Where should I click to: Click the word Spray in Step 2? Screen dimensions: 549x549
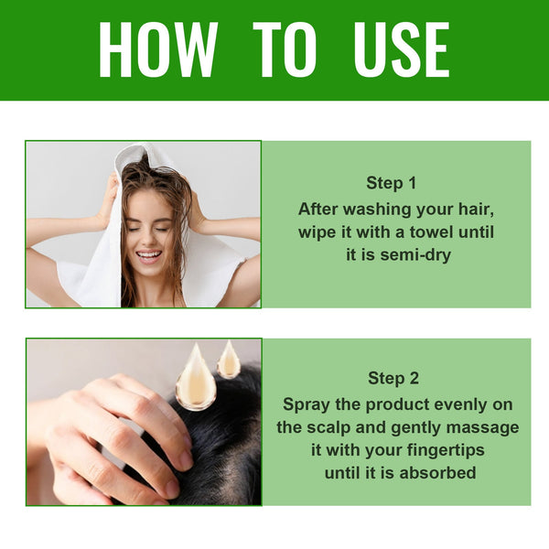(306, 404)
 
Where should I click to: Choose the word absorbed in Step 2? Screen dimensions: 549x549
(434, 474)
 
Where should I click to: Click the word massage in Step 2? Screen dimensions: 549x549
(486, 427)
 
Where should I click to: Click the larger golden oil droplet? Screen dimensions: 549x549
(196, 379)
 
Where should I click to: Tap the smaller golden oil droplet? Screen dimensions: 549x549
(228, 361)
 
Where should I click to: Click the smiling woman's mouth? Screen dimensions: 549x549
(148, 257)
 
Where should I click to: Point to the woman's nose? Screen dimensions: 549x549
(147, 240)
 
